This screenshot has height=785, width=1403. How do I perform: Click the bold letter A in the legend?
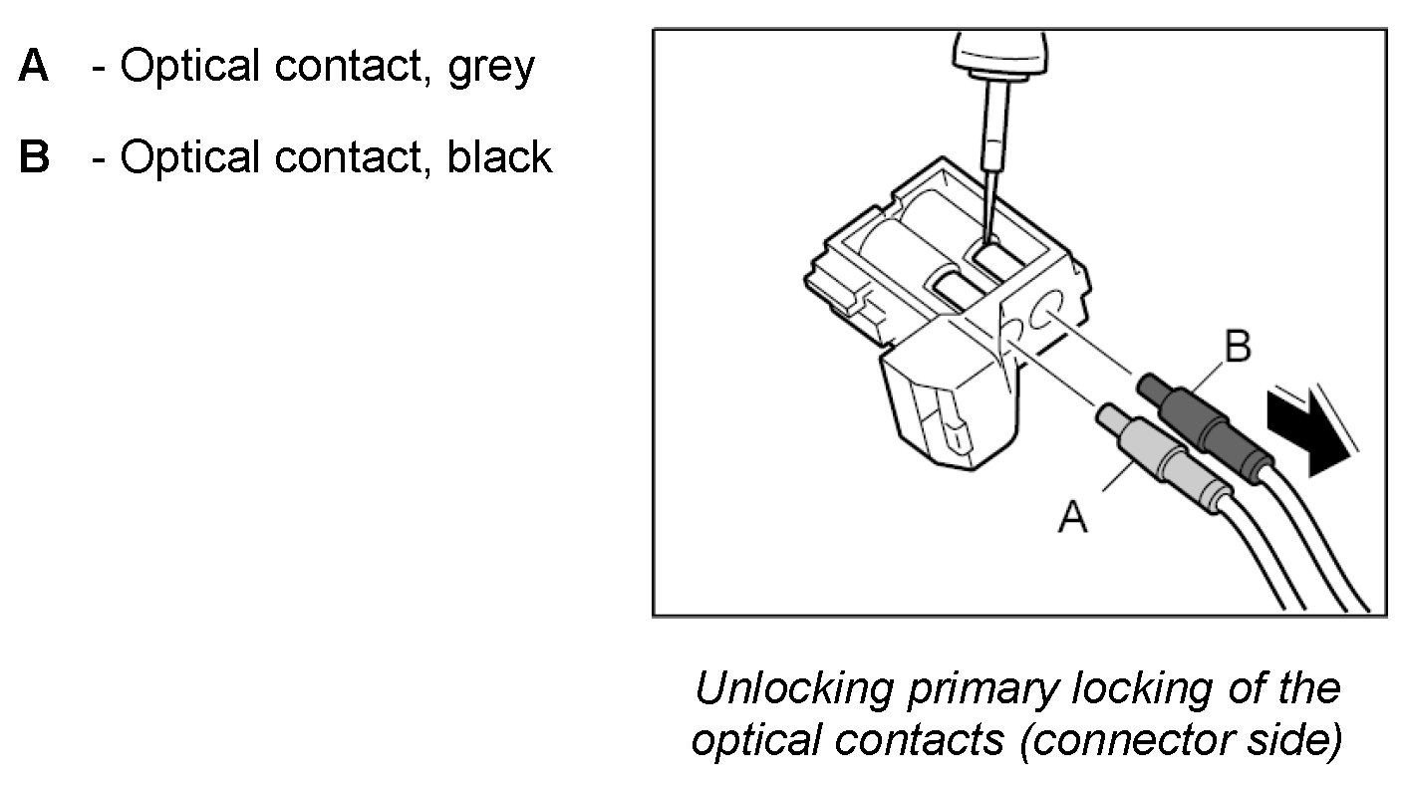[33, 68]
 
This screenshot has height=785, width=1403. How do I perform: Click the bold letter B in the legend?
[34, 157]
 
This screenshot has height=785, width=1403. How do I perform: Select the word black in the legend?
[499, 157]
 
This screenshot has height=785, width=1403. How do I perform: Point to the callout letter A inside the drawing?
[1073, 517]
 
